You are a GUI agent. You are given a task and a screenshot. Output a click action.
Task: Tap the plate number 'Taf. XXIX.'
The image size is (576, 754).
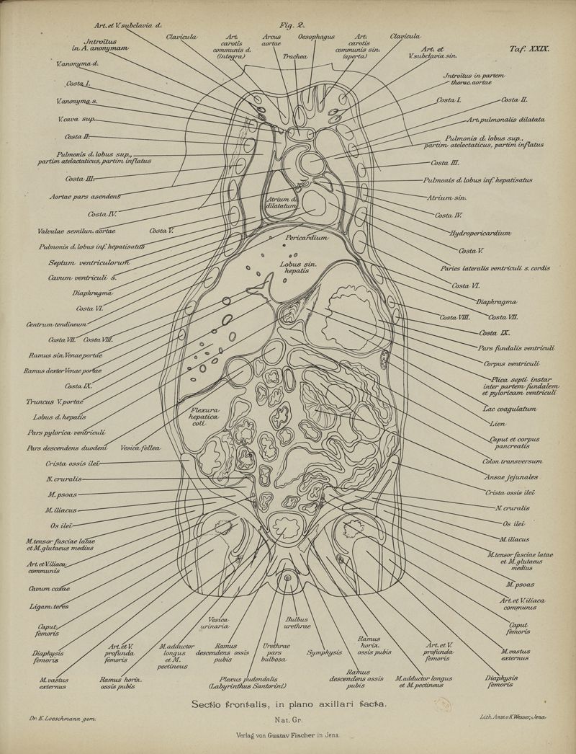pos(528,50)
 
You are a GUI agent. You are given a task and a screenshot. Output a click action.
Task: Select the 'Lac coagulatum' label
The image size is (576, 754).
pos(510,409)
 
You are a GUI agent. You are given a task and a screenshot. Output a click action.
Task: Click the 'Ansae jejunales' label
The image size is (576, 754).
pos(511,476)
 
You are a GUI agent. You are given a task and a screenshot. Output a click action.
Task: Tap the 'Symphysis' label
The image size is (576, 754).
pos(323,652)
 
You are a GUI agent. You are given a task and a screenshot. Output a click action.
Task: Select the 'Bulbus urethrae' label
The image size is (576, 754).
pos(297,624)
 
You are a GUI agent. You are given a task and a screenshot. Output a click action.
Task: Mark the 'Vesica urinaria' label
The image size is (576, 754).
pos(218,624)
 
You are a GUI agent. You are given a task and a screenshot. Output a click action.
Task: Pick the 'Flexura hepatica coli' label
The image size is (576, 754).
pos(204,417)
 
